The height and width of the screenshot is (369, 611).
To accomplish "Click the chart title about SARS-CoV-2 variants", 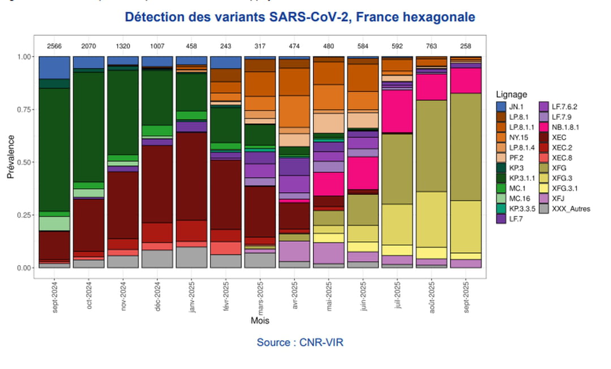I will point(299,18).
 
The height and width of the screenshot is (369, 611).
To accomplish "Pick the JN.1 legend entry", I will point(515,106).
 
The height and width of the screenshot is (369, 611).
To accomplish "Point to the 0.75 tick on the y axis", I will point(25,110).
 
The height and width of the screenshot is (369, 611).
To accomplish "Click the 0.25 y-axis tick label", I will point(25,215).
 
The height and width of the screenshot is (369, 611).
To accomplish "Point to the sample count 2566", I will point(54,45).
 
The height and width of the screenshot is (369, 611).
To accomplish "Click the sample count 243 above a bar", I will point(226,45).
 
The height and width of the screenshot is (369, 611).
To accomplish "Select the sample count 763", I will point(432,45).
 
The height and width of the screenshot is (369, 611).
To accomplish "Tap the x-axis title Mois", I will point(260,320).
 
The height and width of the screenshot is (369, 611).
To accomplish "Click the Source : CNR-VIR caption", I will point(300,342).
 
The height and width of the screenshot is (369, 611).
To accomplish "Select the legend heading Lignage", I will point(511,94).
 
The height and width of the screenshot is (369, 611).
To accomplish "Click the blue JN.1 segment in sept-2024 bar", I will point(54,67).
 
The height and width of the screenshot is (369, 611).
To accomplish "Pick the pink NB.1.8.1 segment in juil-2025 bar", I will point(397,111).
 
